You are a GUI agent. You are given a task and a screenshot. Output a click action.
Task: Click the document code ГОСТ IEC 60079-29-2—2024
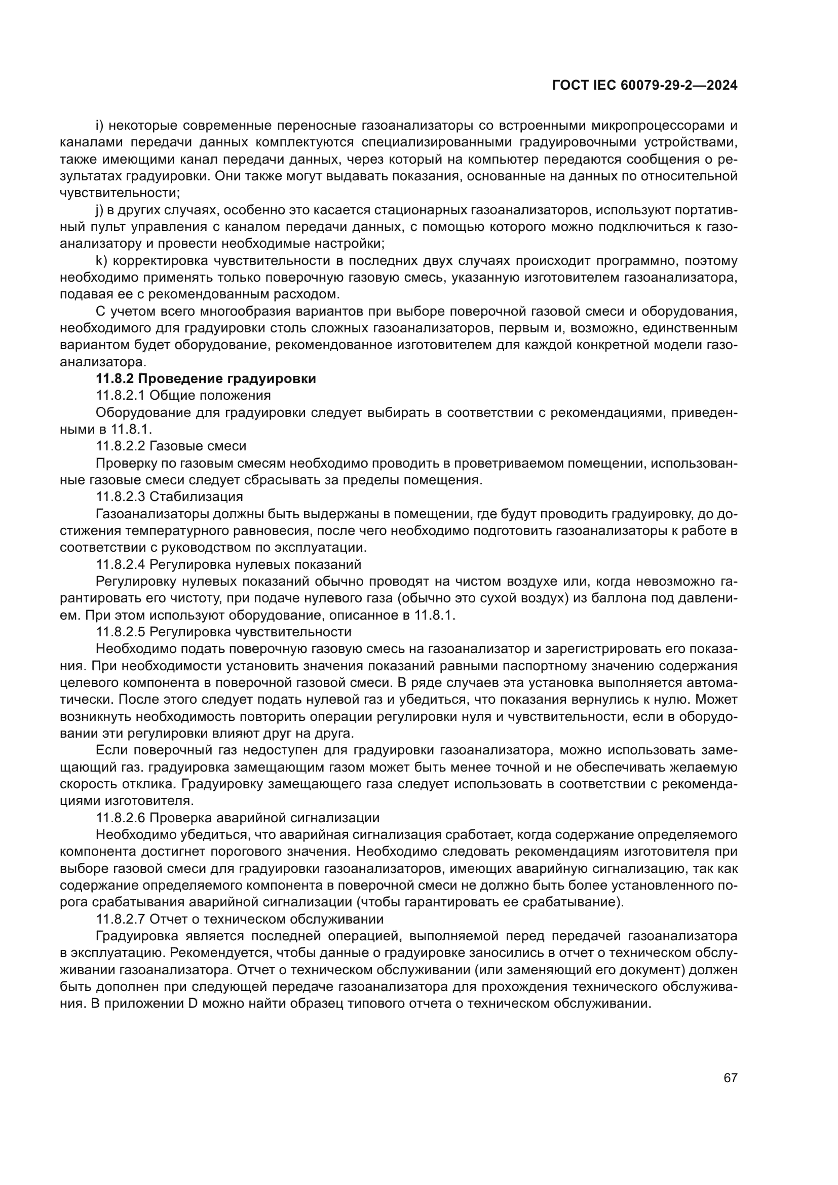pyautogui.click(x=644, y=85)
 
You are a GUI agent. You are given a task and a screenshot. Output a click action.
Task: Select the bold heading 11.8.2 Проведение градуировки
pyautogui.click(x=206, y=378)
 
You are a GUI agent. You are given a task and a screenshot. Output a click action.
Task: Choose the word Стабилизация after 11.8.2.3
pyautogui.click(x=197, y=496)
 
